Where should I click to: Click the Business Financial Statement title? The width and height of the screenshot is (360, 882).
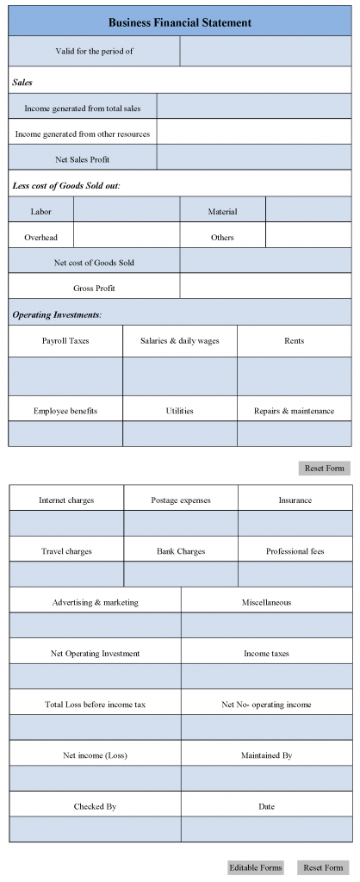click(180, 22)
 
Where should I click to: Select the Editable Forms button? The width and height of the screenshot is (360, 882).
click(256, 867)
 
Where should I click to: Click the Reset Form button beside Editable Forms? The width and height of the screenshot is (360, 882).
click(323, 867)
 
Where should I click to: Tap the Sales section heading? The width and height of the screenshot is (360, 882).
click(22, 83)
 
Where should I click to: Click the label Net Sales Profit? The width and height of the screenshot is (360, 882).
click(83, 159)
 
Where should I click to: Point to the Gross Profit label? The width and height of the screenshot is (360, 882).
click(94, 289)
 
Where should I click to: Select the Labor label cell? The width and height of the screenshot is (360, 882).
click(40, 211)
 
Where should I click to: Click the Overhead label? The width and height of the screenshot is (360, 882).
click(40, 237)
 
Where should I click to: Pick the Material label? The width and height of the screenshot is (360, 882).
click(222, 211)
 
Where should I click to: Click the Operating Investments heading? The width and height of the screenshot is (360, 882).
click(57, 315)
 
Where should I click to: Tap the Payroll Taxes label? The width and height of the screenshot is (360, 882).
click(65, 341)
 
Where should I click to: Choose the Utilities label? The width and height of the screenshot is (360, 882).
click(179, 411)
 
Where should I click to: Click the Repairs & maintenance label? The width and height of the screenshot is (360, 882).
click(294, 411)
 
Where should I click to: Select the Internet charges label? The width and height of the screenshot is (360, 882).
click(66, 500)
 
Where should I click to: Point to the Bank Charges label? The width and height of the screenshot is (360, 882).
click(181, 551)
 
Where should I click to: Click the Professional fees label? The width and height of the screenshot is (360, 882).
click(295, 551)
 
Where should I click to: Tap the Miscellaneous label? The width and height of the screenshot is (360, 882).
click(266, 602)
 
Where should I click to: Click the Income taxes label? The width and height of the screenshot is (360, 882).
click(266, 654)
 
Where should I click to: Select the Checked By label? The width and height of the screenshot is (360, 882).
click(95, 807)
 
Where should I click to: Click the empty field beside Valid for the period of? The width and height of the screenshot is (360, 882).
click(265, 51)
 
